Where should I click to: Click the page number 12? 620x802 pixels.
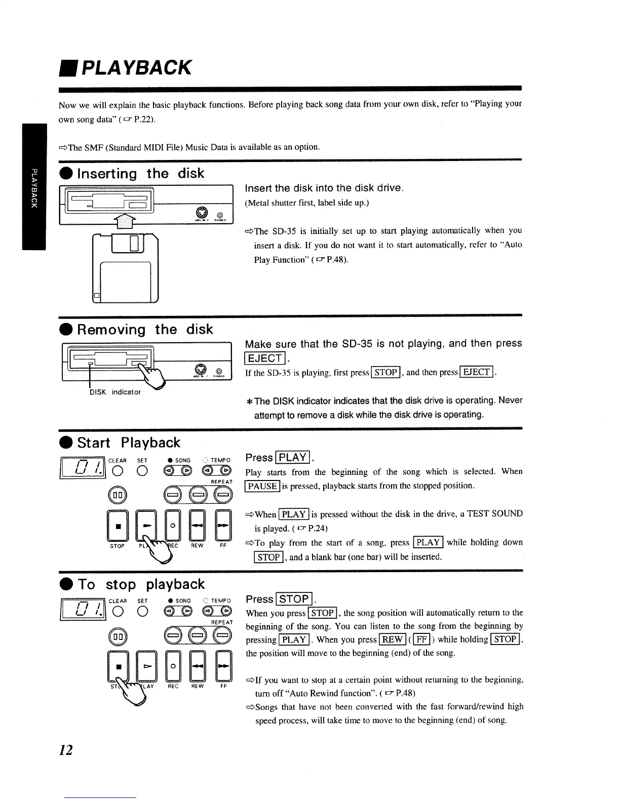[66, 749]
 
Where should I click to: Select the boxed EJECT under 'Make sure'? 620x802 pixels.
[265, 358]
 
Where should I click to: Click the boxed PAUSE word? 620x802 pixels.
[262, 486]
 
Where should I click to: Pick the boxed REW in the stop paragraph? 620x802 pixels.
[392, 639]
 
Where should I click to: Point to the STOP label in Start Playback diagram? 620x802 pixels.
[117, 546]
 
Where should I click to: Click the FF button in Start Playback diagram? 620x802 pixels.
[223, 524]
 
